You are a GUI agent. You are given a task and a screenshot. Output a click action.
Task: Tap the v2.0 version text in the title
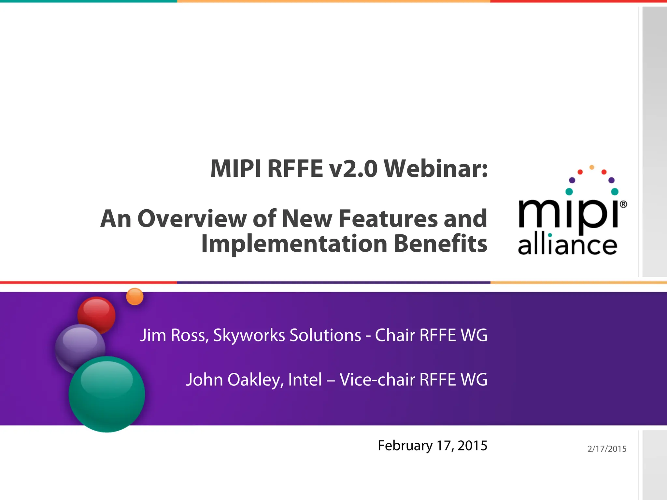pos(353,169)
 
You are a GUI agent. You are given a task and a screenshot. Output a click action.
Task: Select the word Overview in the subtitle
pos(192,219)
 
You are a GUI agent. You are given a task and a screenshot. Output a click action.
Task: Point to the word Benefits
pos(440,243)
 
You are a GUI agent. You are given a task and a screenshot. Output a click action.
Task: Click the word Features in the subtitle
pos(388,219)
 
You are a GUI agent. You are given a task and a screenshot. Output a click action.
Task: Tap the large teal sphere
pos(107,394)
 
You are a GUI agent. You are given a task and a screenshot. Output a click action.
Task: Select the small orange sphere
pos(135,297)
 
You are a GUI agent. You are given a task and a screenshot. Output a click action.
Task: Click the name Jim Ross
pos(174,335)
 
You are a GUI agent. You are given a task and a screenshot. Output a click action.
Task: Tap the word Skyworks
pos(249,335)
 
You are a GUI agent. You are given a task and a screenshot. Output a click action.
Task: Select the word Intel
pos(305,380)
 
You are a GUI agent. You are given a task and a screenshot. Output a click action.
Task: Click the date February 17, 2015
pos(432,446)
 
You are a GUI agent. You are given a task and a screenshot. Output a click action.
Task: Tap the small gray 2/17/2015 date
pos(607,449)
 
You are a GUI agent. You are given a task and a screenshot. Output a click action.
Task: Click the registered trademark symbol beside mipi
pos(623,204)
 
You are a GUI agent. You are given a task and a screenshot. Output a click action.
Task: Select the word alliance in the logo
pos(567,245)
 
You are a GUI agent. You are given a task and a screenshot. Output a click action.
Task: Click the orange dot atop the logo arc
pos(592,167)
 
